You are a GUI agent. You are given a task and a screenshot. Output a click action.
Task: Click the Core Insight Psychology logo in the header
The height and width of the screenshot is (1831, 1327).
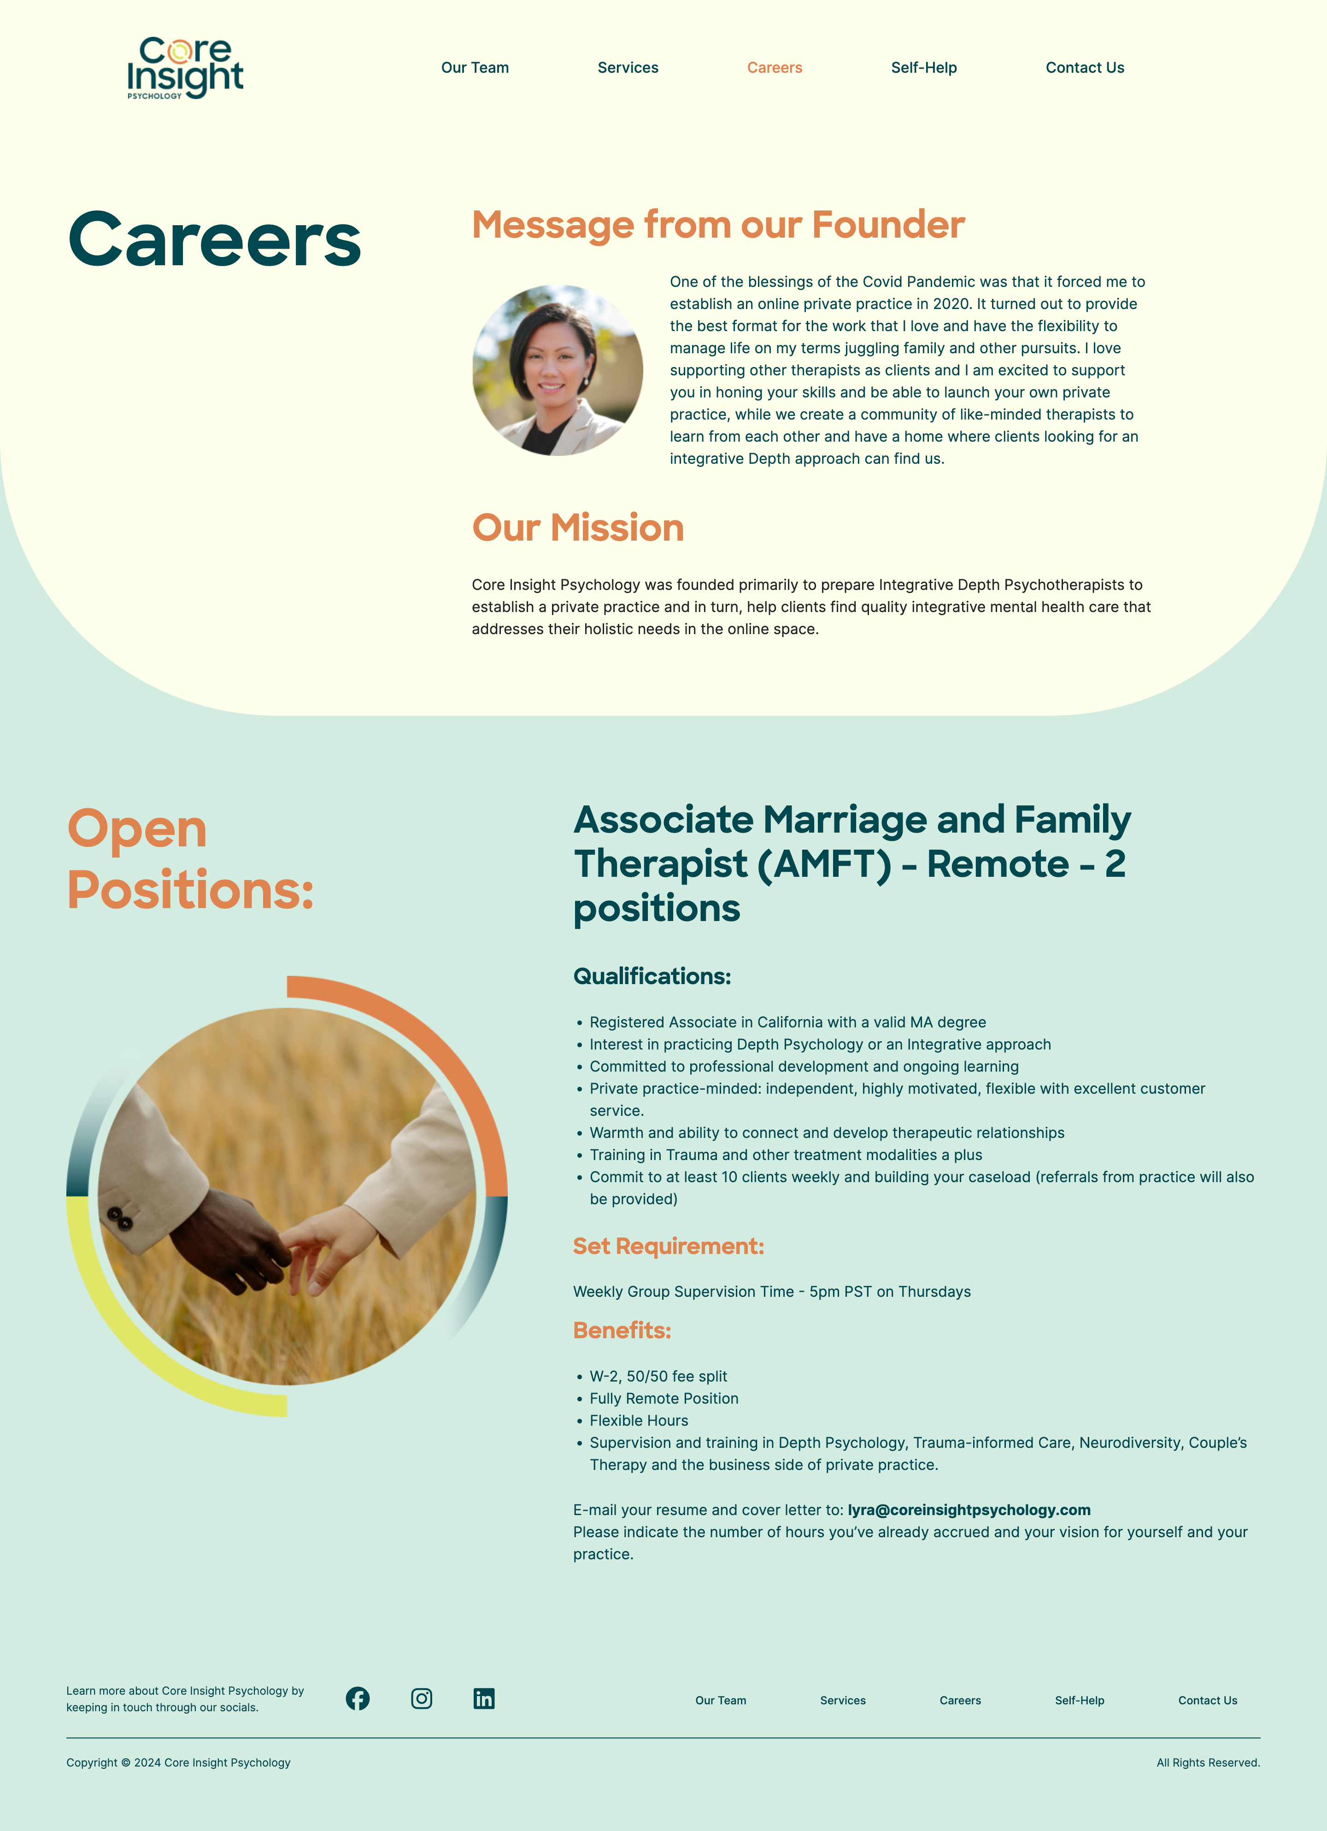click(185, 68)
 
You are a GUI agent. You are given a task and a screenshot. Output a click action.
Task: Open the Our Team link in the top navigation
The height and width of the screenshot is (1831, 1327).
click(475, 68)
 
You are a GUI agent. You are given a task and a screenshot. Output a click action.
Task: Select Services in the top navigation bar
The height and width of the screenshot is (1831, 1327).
click(628, 68)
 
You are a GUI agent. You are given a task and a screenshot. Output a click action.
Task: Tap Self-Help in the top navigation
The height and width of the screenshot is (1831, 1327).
click(924, 68)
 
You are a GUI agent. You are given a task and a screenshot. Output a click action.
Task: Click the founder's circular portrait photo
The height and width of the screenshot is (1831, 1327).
click(557, 371)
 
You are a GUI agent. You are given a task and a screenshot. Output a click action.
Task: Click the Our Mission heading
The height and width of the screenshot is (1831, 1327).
click(577, 528)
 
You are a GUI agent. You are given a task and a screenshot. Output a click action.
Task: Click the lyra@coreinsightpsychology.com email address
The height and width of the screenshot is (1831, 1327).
click(969, 1510)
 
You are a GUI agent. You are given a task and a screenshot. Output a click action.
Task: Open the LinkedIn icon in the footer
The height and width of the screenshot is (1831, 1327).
click(484, 1698)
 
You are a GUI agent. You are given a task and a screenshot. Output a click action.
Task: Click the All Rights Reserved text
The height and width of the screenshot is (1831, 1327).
click(1208, 1762)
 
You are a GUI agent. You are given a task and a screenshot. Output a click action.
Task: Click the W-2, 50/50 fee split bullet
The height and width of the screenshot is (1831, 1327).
click(658, 1376)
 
